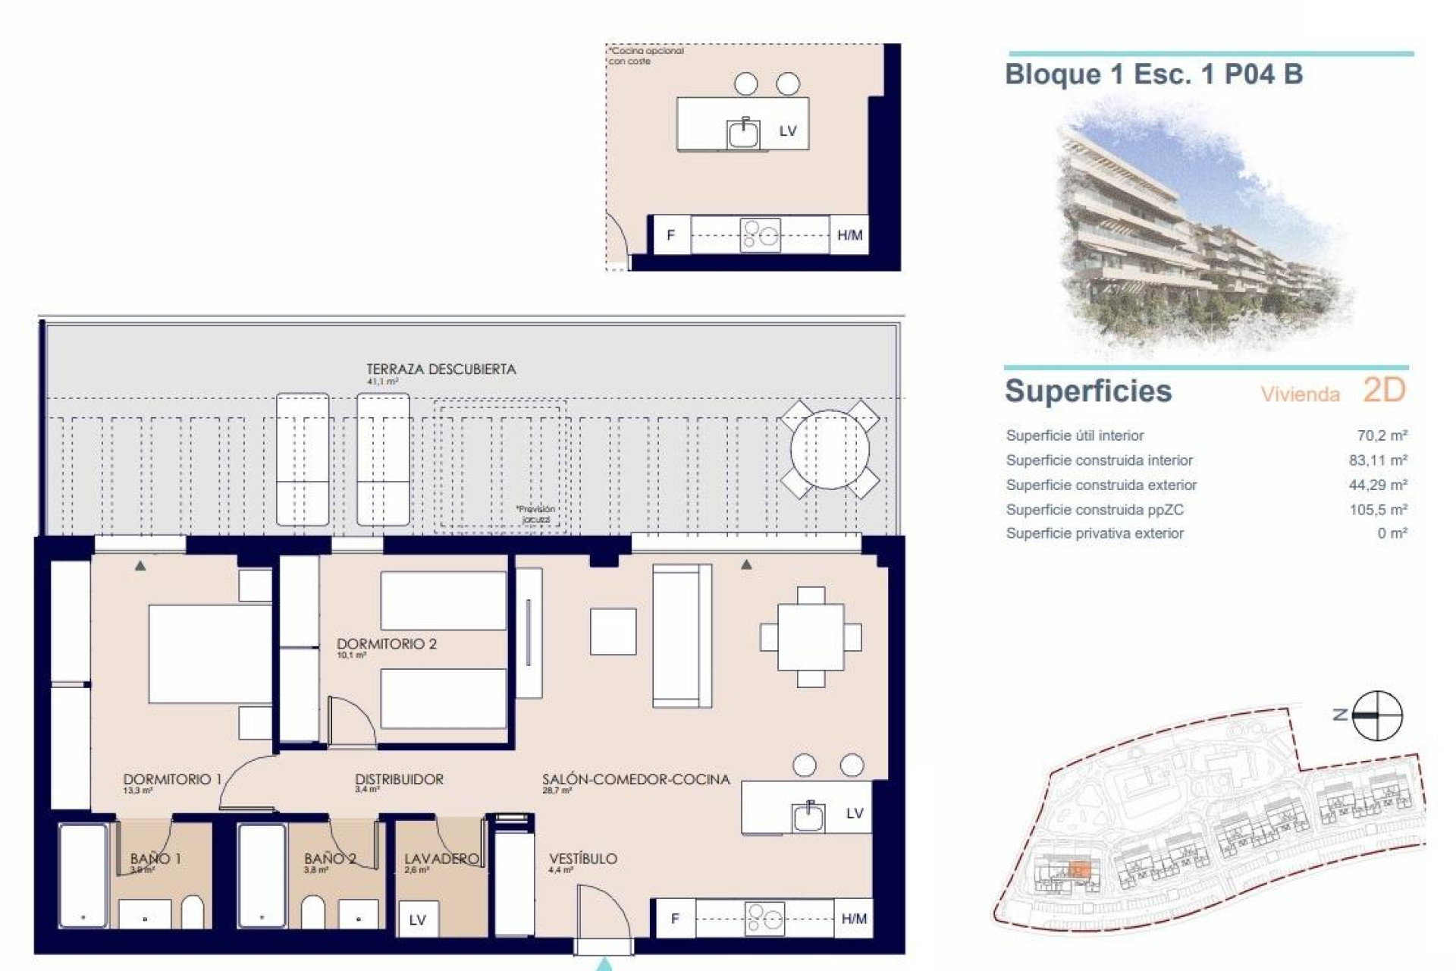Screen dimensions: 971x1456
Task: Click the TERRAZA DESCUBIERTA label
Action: pyautogui.click(x=441, y=369)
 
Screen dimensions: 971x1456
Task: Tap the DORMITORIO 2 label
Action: pyautogui.click(x=386, y=644)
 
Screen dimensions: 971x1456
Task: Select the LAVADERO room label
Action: pyautogui.click(x=441, y=859)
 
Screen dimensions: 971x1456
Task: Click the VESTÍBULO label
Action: pyautogui.click(x=582, y=859)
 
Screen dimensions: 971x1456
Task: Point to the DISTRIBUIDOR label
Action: pyautogui.click(x=399, y=779)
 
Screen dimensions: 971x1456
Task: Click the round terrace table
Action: pyautogui.click(x=830, y=449)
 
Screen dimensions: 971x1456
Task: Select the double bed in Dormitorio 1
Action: pyautogui.click(x=210, y=653)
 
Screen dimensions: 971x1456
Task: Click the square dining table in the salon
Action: pyautogui.click(x=811, y=637)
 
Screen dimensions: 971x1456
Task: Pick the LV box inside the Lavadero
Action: pyautogui.click(x=417, y=920)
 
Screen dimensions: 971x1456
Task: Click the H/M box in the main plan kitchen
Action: pyautogui.click(x=853, y=919)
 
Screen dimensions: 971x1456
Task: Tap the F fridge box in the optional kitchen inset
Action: pyautogui.click(x=670, y=235)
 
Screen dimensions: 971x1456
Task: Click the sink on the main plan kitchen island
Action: pyautogui.click(x=808, y=817)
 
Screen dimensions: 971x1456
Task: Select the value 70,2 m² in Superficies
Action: pyautogui.click(x=1382, y=435)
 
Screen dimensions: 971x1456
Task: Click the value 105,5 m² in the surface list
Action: pyautogui.click(x=1378, y=510)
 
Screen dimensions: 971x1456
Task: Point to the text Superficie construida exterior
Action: pyautogui.click(x=1101, y=485)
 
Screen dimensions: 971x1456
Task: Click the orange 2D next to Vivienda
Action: pyautogui.click(x=1384, y=390)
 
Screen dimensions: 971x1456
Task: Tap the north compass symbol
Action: pyautogui.click(x=1377, y=715)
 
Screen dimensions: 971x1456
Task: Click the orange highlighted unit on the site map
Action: pyautogui.click(x=1079, y=871)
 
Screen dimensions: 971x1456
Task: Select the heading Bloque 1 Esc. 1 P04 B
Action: pyautogui.click(x=1153, y=74)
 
